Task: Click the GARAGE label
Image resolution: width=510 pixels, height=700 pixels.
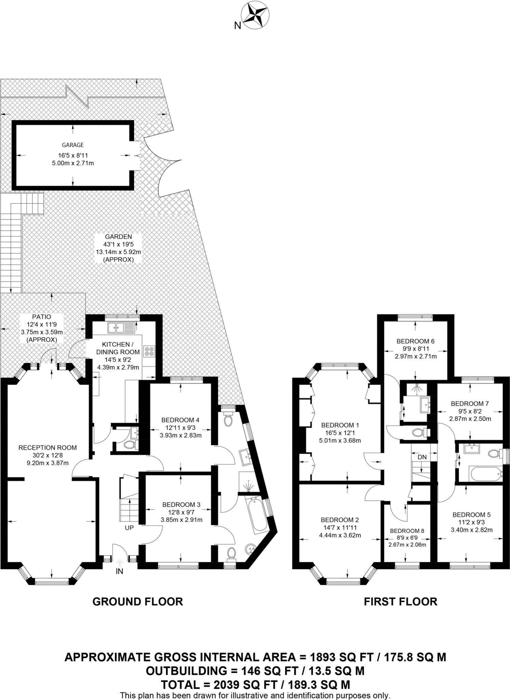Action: tap(72, 145)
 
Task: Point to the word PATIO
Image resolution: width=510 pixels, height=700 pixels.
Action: tap(42, 317)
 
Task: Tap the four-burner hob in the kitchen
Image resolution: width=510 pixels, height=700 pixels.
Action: tap(149, 351)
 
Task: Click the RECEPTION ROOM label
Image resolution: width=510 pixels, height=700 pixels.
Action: tap(48, 447)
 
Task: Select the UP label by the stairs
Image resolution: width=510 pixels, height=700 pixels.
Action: tap(129, 528)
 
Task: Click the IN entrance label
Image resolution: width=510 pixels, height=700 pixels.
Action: tap(119, 571)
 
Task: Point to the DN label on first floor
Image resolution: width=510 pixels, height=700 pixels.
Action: tap(422, 457)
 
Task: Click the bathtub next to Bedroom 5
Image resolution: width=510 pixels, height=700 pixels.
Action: tap(486, 474)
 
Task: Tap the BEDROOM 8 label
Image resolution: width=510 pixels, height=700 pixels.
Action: tap(407, 531)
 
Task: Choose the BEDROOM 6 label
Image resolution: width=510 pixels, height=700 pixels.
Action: tap(415, 341)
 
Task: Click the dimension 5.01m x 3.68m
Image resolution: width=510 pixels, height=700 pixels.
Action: tap(340, 441)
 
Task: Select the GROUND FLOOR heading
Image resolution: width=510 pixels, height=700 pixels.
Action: tap(138, 602)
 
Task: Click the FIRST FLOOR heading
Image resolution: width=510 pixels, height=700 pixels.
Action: tap(400, 602)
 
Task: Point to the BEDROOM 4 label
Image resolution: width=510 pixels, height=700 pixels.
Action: tap(180, 420)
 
